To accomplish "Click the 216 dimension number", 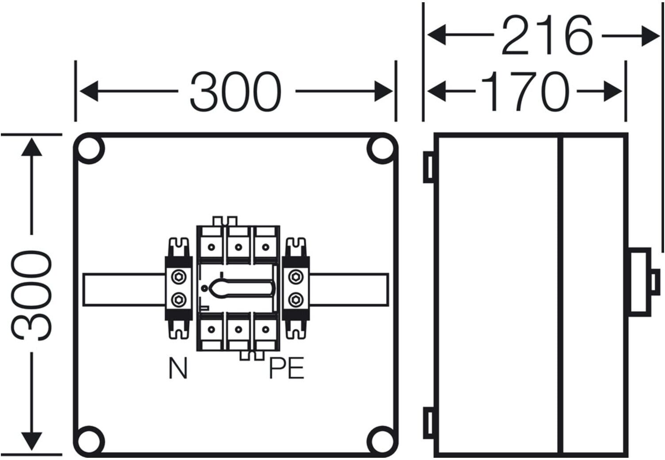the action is click(x=547, y=35).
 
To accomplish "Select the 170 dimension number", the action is click(x=525, y=91).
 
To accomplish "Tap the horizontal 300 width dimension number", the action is click(x=235, y=92).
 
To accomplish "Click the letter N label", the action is click(x=178, y=368).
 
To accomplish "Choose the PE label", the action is click(x=287, y=368).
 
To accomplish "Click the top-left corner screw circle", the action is click(x=89, y=149).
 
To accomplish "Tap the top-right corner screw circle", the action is click(x=382, y=149).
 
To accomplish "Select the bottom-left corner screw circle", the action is click(x=89, y=441).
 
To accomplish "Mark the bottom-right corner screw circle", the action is click(x=382, y=441).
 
